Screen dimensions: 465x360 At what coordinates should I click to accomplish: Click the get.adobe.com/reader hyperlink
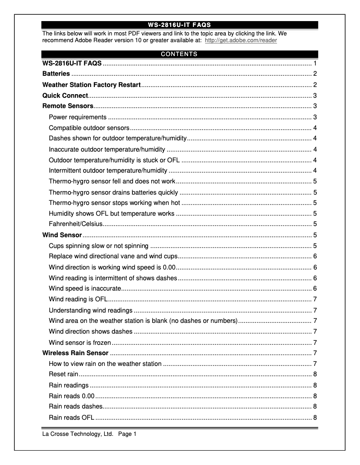[241, 40]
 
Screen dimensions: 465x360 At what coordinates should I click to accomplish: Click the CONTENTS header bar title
[179, 54]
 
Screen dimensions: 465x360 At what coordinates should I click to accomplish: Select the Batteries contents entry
[56, 74]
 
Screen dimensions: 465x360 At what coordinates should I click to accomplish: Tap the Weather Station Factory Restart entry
[92, 85]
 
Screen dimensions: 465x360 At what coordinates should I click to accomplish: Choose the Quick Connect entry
[65, 96]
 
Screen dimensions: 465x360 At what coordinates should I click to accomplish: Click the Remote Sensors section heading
[68, 106]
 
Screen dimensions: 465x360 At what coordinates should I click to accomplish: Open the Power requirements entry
[78, 117]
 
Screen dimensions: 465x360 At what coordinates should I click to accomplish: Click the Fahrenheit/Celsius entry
[76, 224]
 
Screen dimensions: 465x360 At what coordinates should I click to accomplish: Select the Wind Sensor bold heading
[62, 235]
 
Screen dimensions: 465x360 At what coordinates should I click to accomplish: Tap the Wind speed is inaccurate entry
[85, 288]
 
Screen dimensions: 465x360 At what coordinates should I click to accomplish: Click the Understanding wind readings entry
[91, 310]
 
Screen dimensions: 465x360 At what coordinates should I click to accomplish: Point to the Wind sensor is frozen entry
[80, 343]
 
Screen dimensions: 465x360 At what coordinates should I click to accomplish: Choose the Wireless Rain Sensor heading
[75, 353]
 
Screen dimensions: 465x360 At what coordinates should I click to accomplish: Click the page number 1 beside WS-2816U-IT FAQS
[316, 63]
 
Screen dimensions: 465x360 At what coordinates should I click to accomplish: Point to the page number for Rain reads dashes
[316, 407]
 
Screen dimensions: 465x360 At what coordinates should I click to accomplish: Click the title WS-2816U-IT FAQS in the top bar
[179, 25]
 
